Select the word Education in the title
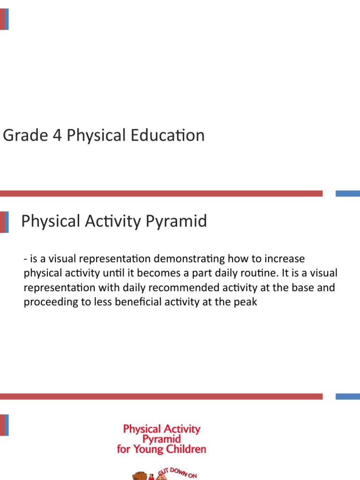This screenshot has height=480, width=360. [x=168, y=136]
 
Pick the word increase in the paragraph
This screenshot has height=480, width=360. [x=285, y=259]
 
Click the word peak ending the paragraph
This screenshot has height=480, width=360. [x=247, y=302]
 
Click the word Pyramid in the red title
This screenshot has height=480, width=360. [x=161, y=439]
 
